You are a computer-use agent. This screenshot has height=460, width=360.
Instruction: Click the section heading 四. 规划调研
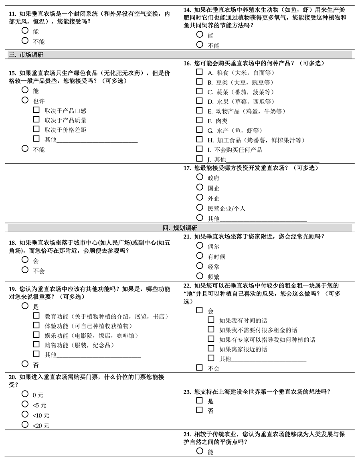180,228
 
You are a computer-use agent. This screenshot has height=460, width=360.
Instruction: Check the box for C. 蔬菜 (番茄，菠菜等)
199,91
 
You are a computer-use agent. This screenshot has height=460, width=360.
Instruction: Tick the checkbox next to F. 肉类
199,120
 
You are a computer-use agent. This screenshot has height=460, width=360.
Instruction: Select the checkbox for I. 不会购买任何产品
199,149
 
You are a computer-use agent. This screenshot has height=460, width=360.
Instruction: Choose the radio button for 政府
200,177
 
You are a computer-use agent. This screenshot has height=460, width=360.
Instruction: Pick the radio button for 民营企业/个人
200,207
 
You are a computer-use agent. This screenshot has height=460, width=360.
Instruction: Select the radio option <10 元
25,414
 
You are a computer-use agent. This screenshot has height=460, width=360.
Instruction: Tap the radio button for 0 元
25,394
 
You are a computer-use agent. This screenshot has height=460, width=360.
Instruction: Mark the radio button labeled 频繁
200,276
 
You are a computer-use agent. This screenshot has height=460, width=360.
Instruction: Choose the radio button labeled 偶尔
200,245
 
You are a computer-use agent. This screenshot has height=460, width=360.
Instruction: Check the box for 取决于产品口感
36,110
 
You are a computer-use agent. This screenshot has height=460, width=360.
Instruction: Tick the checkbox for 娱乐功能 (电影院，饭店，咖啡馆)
36,335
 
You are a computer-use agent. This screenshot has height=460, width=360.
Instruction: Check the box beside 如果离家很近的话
211,349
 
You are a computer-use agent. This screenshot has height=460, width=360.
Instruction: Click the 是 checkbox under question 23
199,400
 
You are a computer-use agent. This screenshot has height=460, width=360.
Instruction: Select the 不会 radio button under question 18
25,270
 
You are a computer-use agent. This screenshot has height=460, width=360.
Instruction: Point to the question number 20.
12,377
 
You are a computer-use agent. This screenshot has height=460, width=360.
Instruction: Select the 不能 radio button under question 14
200,45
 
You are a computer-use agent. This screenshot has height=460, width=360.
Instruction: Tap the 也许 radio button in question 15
25,100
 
